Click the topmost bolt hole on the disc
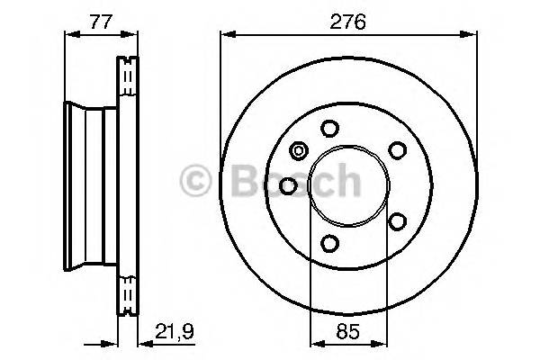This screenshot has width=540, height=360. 329,127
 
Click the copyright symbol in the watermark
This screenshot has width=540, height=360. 193,180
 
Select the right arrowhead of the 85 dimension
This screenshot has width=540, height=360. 384,341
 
